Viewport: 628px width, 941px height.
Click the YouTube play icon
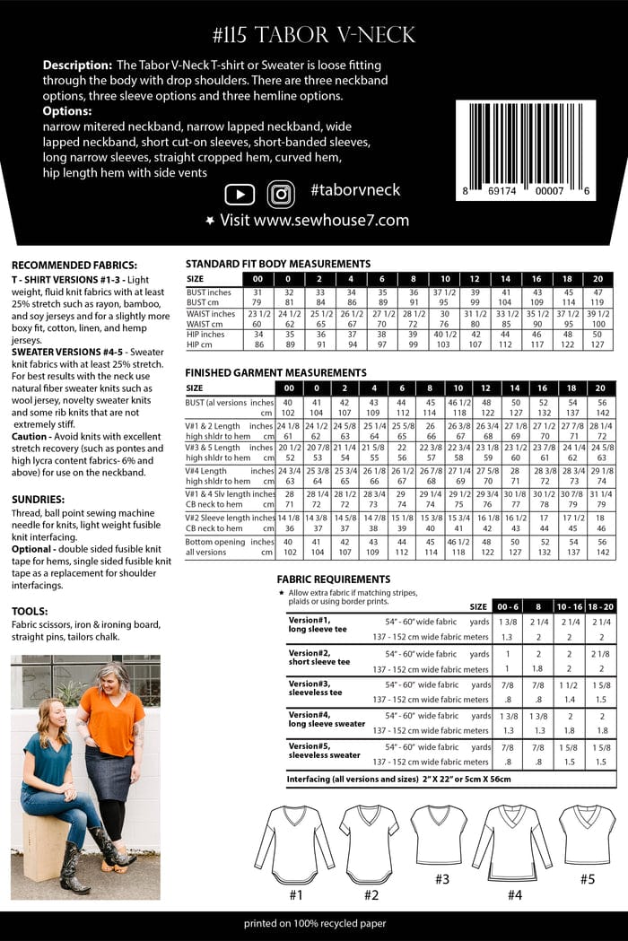[x=240, y=194]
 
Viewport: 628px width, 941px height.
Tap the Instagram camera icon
[x=281, y=194]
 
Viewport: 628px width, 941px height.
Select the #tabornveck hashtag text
[x=355, y=190]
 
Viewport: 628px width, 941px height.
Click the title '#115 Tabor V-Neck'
[x=314, y=35]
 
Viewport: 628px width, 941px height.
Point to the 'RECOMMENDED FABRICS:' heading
[x=74, y=266]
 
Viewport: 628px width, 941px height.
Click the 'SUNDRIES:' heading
[x=38, y=499]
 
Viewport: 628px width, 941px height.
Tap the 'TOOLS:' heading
[x=31, y=611]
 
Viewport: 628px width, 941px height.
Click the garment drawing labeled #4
[x=512, y=842]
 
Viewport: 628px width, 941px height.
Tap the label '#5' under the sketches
[x=587, y=879]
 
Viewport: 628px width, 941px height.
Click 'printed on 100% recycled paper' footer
[x=314, y=923]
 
